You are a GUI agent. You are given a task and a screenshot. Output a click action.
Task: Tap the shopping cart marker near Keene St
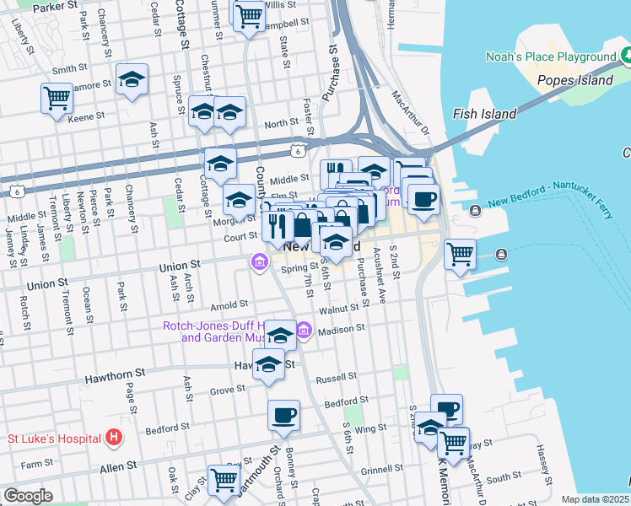(57, 97)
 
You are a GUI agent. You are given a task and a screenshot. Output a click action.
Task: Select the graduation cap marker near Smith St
(131, 79)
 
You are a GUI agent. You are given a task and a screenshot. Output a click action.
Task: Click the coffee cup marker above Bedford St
(283, 414)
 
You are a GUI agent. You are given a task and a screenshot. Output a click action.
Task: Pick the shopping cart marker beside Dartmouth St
(224, 479)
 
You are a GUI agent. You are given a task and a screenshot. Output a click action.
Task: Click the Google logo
(28, 496)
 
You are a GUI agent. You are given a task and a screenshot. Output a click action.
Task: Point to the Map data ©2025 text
(596, 499)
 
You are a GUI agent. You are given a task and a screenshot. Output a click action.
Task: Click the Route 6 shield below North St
(297, 150)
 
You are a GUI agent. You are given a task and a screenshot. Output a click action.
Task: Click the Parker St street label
(54, 5)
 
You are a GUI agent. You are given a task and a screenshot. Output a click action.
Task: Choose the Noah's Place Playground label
(551, 57)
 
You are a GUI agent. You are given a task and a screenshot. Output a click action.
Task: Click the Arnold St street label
(229, 304)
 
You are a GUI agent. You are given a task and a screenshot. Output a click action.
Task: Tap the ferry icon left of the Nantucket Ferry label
(477, 209)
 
